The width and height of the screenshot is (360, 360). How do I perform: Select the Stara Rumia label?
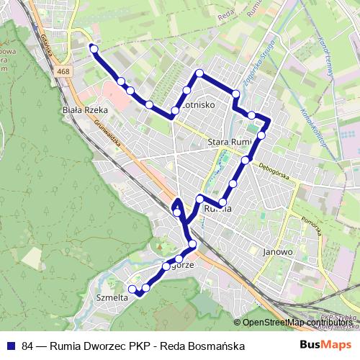pyautogui.click(x=229, y=142)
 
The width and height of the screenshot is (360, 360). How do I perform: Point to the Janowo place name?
pyautogui.click(x=277, y=252)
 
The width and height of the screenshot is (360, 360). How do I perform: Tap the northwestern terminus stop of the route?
pyautogui.click(x=93, y=48)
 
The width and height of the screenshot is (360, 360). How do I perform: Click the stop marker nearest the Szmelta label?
pyautogui.click(x=132, y=289)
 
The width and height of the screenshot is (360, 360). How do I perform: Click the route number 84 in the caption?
pyautogui.click(x=28, y=346)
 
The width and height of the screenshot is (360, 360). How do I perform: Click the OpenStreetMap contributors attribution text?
pyautogui.click(x=298, y=323)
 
